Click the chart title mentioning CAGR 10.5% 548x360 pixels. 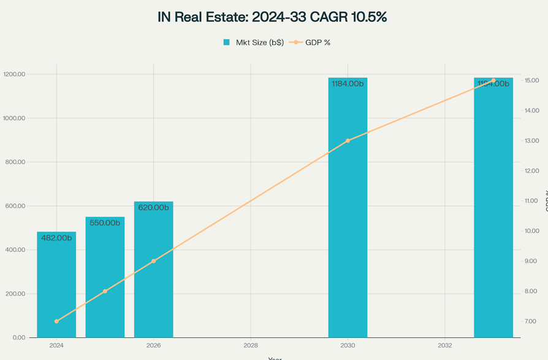click(x=272, y=17)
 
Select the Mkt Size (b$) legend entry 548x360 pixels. click(x=253, y=42)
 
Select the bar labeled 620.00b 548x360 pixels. click(x=153, y=270)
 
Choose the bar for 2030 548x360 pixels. click(x=348, y=209)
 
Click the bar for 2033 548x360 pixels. click(x=493, y=209)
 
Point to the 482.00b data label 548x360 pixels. click(x=56, y=238)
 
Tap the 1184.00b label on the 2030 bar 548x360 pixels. click(x=348, y=83)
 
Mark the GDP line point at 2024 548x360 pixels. click(x=56, y=321)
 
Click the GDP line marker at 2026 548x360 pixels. click(x=153, y=261)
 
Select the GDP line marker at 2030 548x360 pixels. click(x=348, y=140)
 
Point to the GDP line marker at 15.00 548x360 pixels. click(x=493, y=80)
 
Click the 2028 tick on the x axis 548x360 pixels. click(x=251, y=345)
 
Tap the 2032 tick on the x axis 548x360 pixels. click(x=445, y=345)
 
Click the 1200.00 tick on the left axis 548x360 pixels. click(x=15, y=74)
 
